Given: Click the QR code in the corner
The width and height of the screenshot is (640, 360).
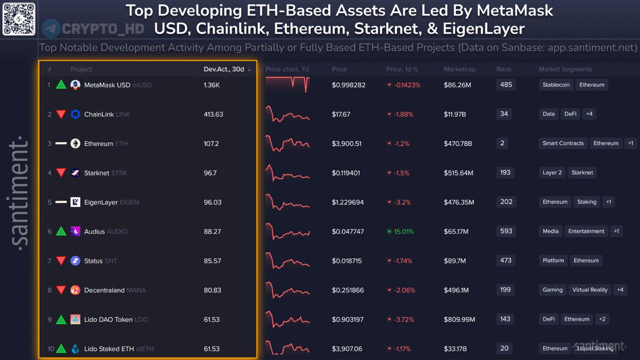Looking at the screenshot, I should pos(19,18).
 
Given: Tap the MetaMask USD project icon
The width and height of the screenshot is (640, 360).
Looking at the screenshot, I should pos(75,85).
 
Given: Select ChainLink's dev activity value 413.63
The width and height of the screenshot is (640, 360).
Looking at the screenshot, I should pos(213,114).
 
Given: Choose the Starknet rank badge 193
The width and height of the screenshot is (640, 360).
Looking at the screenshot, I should pos(505,172).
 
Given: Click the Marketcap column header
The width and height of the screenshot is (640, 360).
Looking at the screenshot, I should pos(459,69).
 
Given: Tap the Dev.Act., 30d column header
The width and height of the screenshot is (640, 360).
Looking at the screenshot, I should pos(224,69).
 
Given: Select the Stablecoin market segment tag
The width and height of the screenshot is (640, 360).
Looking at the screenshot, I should pos(556,85).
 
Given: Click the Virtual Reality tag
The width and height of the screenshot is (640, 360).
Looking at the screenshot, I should pos(590,290).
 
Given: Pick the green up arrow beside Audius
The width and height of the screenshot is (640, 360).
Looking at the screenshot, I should pos(61,231).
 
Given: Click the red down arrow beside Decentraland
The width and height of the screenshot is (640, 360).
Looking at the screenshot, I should pos(61,290).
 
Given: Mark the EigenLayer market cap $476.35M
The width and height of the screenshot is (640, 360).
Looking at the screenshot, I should pos(458,202).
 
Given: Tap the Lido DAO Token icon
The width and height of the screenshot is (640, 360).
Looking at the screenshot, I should pos(75,319).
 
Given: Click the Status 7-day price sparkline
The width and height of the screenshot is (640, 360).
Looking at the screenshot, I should pos(287,260).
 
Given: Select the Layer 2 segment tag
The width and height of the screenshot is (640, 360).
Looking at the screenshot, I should pos(552,172).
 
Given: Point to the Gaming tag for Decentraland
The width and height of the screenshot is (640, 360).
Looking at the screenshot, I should pos(552,290).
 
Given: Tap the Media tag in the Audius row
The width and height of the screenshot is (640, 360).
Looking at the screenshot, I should pos(550,231).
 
